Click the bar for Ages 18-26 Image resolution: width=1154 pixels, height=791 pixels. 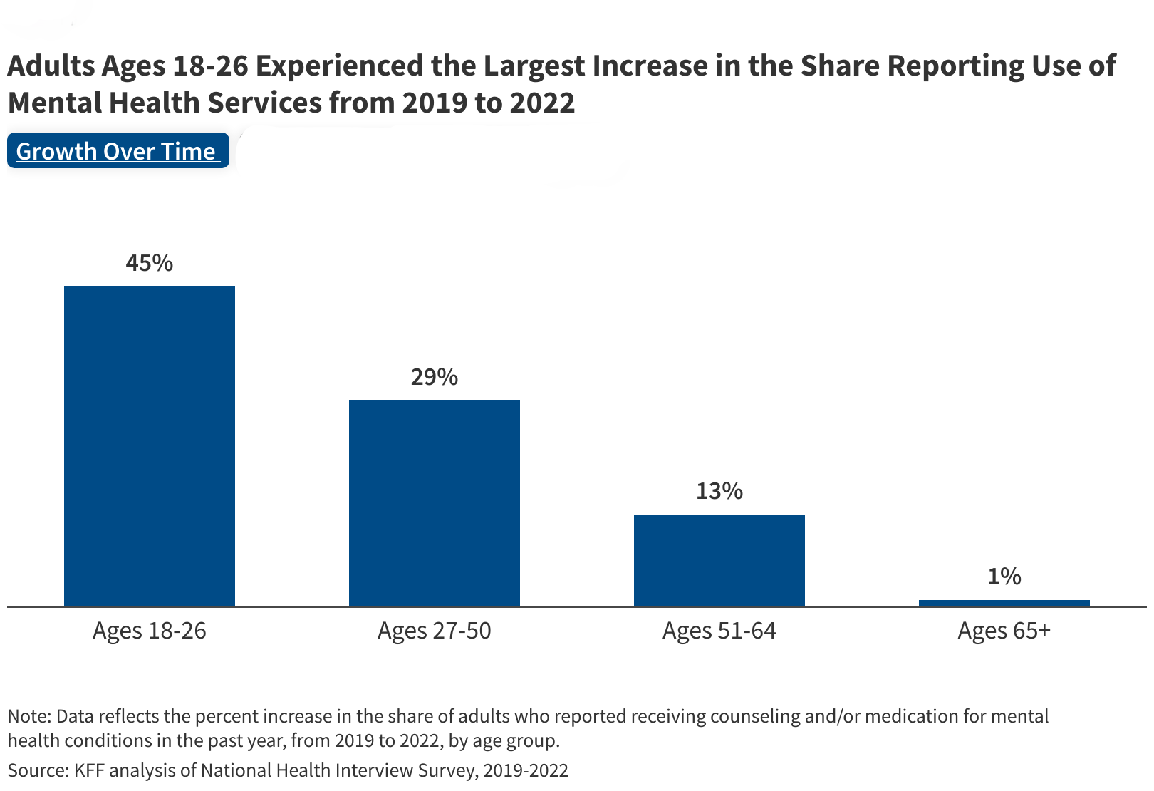pos(150,446)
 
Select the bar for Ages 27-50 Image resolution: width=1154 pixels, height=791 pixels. pos(435,503)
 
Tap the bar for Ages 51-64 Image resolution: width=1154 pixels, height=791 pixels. pos(719,560)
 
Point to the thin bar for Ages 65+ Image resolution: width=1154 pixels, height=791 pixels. pos(1004,603)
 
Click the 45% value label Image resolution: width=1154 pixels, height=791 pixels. pos(150,263)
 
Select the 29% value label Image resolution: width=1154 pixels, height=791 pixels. pos(435,377)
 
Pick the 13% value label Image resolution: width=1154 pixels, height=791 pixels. pos(719,491)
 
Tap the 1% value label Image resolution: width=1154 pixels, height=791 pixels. pos(1004,577)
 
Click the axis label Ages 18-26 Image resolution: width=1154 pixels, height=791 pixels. pos(150,631)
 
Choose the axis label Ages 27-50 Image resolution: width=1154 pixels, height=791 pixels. pos(435,631)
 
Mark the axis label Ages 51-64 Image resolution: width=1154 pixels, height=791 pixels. pos(719,631)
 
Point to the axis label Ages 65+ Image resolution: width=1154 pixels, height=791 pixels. pos(1004,631)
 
